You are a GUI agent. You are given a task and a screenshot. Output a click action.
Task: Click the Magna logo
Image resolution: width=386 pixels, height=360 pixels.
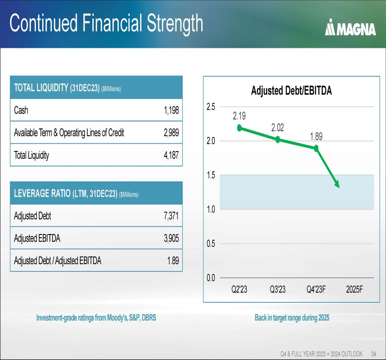click(350, 28)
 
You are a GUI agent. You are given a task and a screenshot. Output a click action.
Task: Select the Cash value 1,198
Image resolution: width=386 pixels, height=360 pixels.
click(172, 110)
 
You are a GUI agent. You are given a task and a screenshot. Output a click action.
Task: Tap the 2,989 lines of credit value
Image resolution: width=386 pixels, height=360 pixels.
click(171, 133)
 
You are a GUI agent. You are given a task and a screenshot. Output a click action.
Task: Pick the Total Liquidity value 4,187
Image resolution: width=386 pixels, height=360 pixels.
click(171, 155)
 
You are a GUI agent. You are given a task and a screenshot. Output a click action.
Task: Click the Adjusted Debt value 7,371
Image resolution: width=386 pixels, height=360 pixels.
click(171, 216)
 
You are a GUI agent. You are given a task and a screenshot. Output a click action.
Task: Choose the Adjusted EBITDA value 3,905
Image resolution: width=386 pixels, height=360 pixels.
click(171, 238)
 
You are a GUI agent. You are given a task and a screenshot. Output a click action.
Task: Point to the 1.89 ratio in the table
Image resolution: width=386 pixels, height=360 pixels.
click(173, 261)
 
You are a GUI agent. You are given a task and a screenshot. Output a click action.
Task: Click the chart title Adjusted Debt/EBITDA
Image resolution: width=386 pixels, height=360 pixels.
click(291, 91)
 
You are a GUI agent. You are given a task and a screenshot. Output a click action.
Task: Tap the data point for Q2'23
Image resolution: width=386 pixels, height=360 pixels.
click(239, 128)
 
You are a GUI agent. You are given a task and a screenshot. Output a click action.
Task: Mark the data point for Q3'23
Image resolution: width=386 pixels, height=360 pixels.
click(278, 140)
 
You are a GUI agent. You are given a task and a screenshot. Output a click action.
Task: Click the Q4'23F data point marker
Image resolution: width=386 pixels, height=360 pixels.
click(316, 148)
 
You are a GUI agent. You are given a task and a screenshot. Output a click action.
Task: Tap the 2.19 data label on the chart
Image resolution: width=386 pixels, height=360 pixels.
click(239, 115)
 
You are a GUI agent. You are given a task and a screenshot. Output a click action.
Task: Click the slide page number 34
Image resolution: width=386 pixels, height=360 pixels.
click(374, 354)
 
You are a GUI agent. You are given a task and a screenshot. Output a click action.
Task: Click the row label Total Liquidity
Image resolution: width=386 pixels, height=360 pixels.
click(31, 155)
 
